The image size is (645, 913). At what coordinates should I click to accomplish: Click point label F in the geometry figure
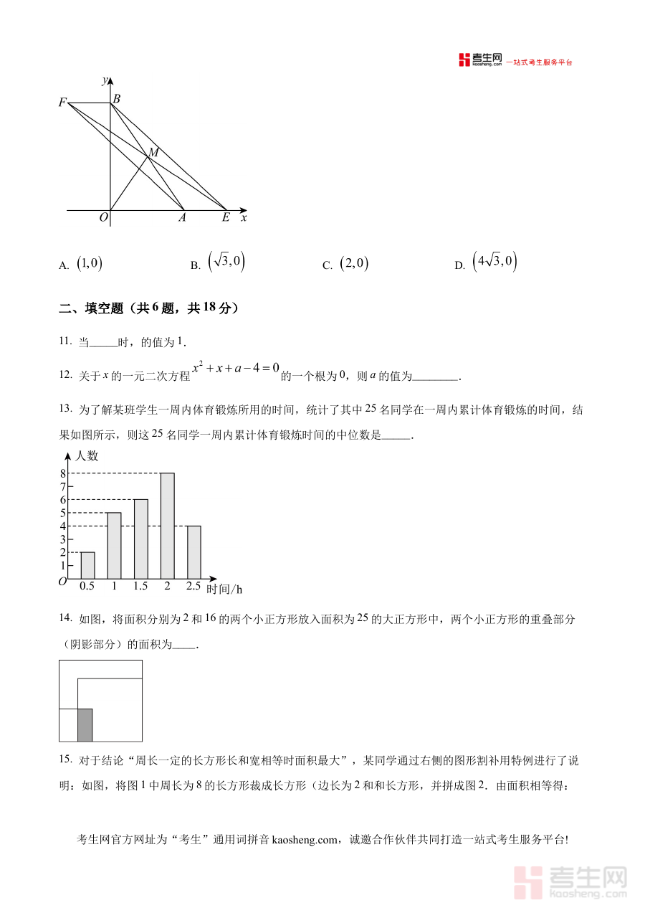click(x=63, y=103)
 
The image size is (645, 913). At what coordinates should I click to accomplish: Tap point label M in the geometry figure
click(x=153, y=152)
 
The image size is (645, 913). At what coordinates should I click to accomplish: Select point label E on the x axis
click(x=225, y=217)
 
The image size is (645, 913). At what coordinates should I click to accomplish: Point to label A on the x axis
click(x=182, y=217)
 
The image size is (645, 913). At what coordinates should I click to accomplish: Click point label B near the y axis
click(x=117, y=99)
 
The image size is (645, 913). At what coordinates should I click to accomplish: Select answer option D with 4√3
click(x=494, y=262)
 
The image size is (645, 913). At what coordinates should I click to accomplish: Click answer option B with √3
click(x=226, y=262)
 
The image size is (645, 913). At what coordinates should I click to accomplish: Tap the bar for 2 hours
click(x=167, y=525)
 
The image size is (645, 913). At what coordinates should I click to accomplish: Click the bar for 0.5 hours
click(x=87, y=565)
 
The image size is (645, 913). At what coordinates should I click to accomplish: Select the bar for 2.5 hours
click(x=193, y=552)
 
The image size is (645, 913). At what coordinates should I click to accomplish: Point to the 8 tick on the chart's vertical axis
click(x=63, y=473)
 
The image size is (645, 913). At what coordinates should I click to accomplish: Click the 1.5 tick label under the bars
click(x=140, y=586)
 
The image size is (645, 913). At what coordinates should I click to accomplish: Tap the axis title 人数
click(x=87, y=456)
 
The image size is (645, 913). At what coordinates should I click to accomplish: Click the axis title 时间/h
click(x=224, y=590)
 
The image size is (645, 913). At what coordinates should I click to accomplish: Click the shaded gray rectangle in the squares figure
click(x=85, y=724)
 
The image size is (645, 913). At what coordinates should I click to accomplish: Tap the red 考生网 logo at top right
click(x=481, y=60)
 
